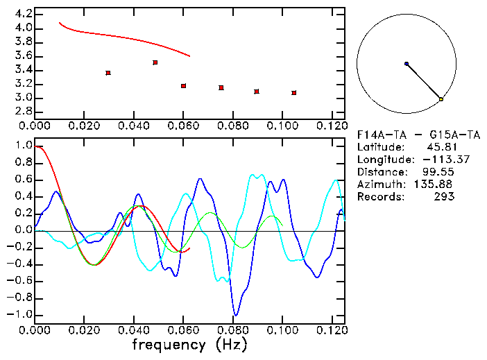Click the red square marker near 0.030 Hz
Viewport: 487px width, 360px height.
(108, 73)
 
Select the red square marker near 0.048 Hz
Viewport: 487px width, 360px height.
(155, 62)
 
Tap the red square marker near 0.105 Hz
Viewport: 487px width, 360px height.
(294, 92)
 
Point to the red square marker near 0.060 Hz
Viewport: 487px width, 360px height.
(183, 86)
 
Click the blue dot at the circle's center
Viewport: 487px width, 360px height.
(407, 64)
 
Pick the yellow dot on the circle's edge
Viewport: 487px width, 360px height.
(441, 100)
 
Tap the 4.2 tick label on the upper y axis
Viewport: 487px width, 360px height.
(23, 14)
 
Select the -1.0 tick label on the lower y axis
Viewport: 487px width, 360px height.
(19, 314)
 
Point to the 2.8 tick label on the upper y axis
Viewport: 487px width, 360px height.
(23, 112)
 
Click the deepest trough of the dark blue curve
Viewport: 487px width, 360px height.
(236, 315)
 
